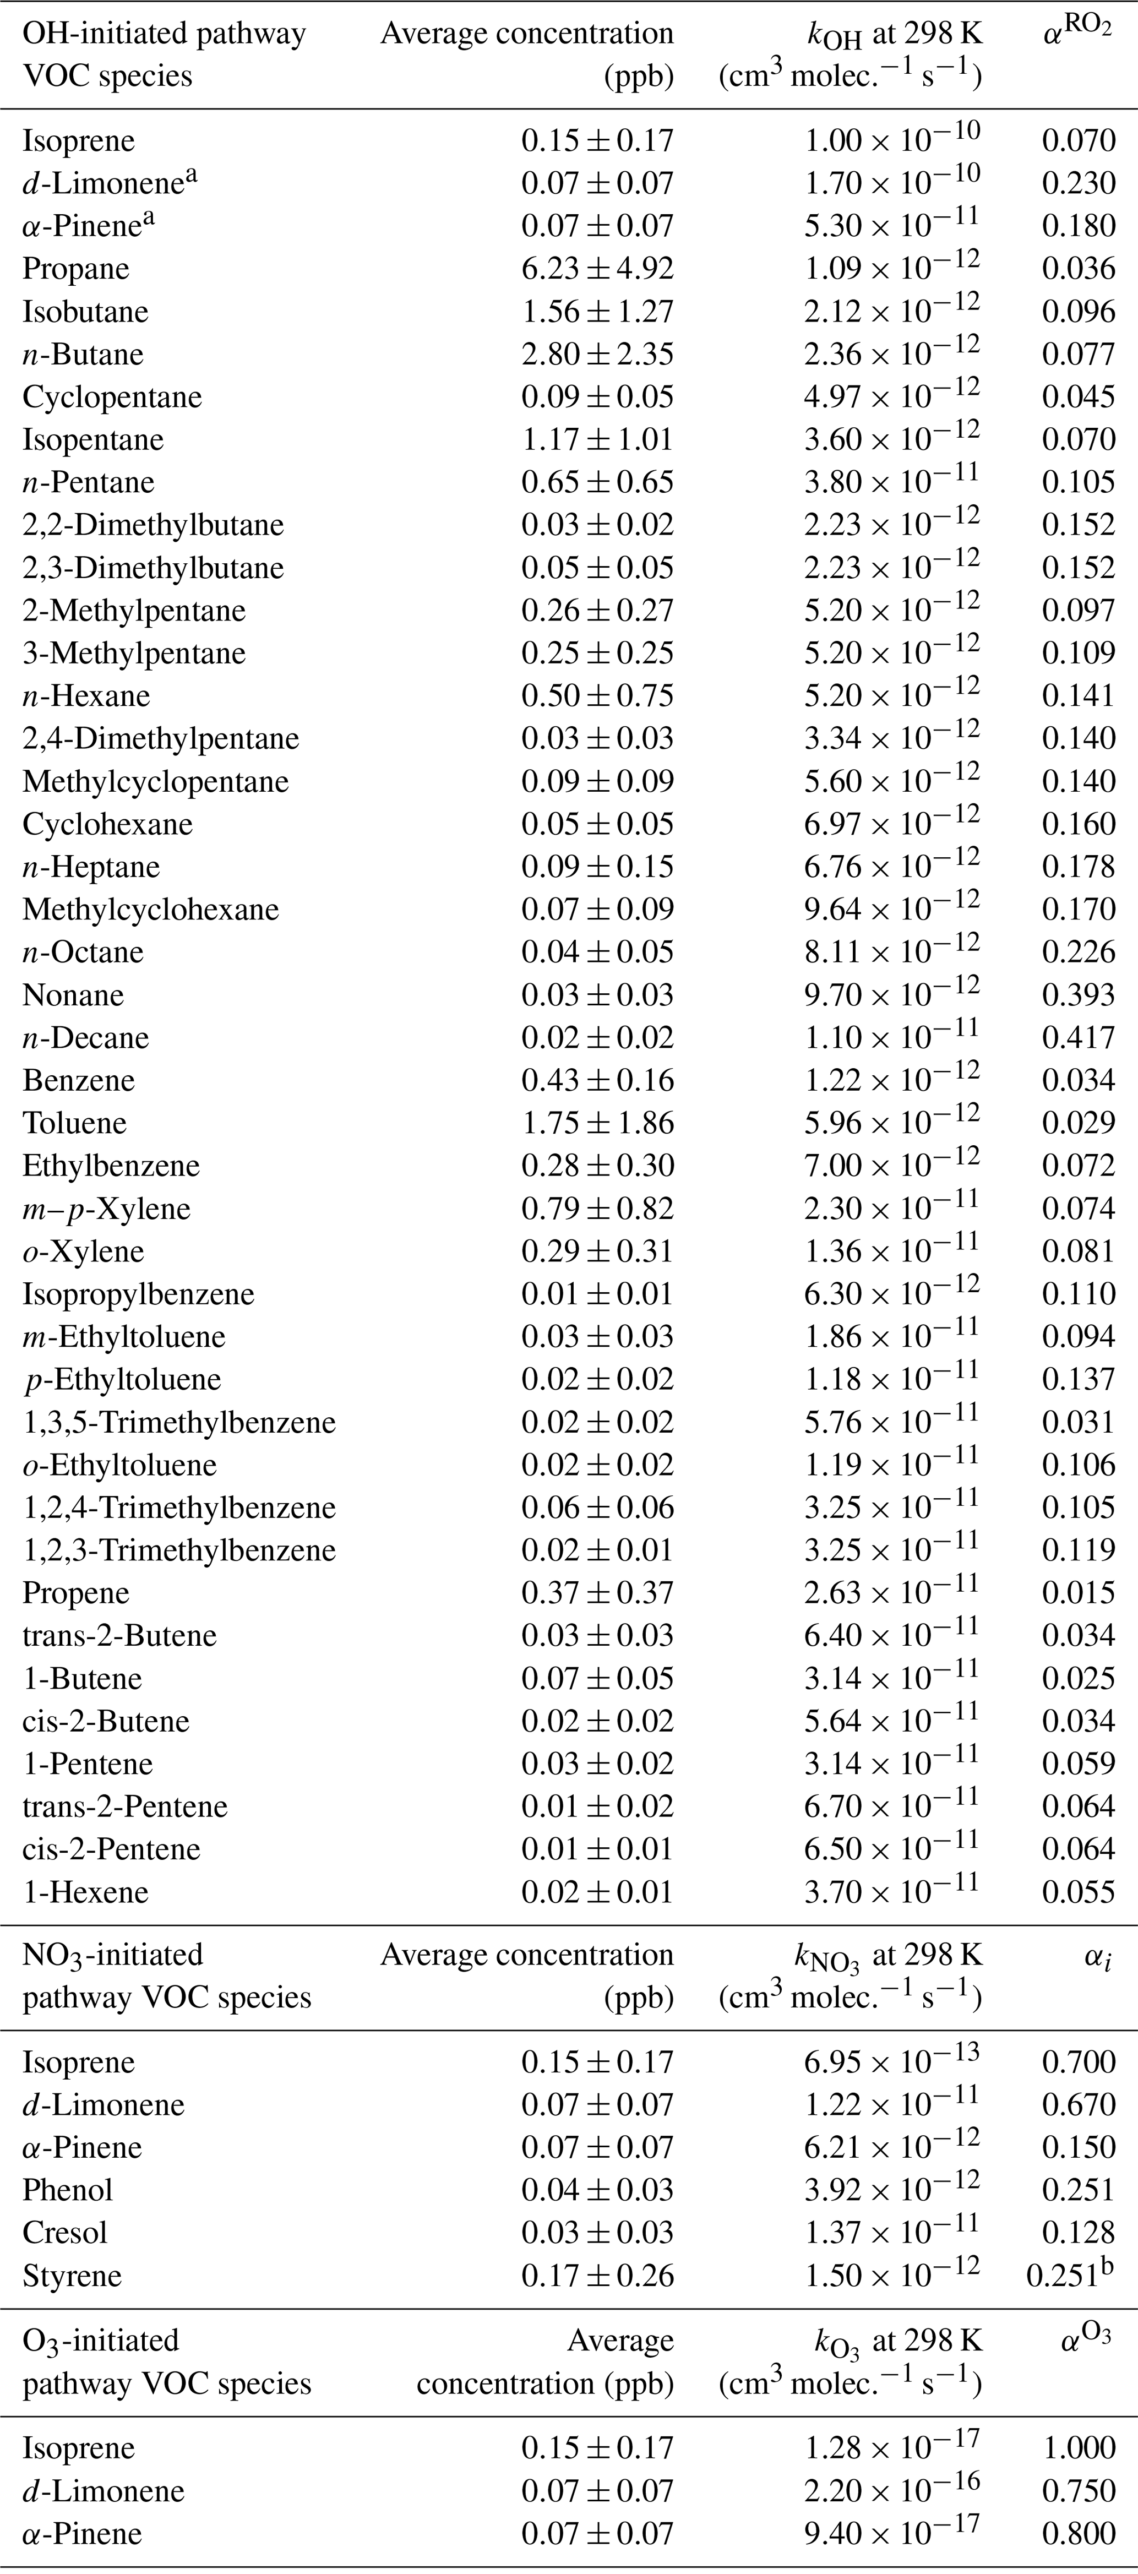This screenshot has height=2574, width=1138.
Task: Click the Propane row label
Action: point(76,269)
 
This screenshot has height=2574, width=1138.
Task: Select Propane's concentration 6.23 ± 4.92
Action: point(597,269)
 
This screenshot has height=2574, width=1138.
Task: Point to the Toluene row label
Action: point(75,1123)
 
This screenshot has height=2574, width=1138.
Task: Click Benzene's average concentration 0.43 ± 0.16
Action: point(597,1080)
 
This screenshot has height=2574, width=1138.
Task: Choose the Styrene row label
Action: point(72,2276)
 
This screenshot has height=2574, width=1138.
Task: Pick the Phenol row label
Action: point(68,2190)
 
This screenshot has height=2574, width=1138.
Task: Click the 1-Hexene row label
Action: point(86,1892)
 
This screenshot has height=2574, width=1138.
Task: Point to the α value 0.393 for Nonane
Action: point(1078,995)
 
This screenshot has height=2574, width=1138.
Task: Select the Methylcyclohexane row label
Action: point(151,909)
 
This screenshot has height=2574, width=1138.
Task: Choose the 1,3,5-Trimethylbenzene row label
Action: point(179,1423)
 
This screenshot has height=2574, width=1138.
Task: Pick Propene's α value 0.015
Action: point(1078,1594)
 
